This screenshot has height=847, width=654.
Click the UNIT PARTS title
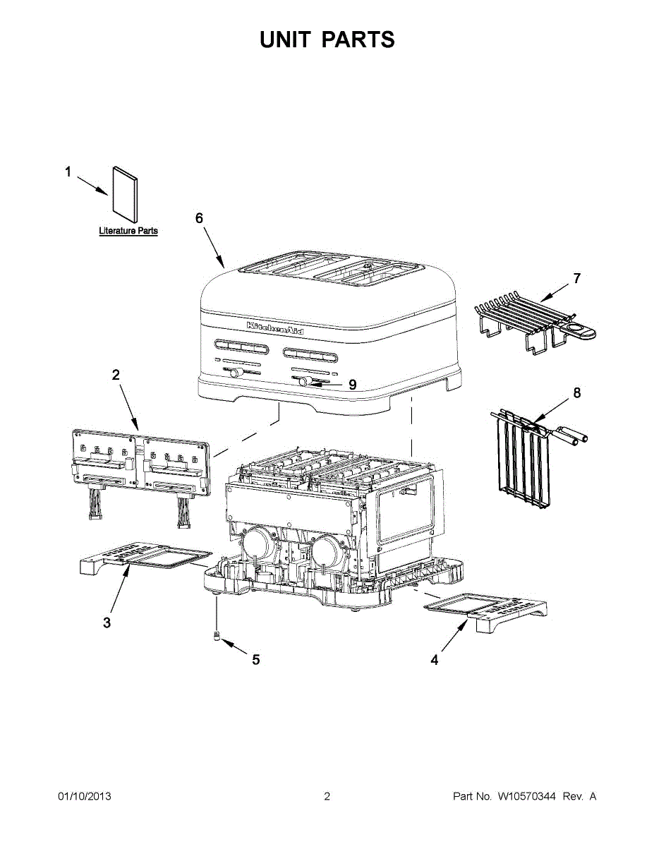[327, 40]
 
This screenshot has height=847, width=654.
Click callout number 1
[68, 172]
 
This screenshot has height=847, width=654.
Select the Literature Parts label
[128, 231]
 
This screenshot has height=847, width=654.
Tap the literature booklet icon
[126, 193]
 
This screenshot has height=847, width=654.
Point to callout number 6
[199, 218]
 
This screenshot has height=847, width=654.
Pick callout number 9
[352, 385]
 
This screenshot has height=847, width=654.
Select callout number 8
[577, 393]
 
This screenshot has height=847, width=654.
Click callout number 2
[116, 376]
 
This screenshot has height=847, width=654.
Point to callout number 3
[107, 623]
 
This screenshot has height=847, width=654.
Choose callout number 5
[255, 660]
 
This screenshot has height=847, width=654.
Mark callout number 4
[435, 660]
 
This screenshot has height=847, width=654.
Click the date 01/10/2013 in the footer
[84, 796]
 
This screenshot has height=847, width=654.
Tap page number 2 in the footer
[327, 796]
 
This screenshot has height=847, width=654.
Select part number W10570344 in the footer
[526, 796]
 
